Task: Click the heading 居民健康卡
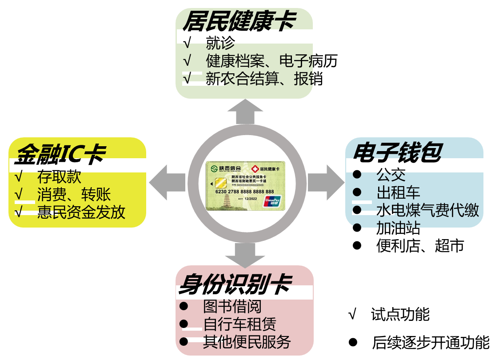point(239,20)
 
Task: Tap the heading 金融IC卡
point(60,154)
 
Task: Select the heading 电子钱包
point(397,152)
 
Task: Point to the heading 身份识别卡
point(235,284)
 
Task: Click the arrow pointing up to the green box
point(245,112)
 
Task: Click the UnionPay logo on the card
point(272,201)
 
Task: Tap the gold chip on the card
point(220,183)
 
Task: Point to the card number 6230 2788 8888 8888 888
point(244,192)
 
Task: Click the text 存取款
point(59,176)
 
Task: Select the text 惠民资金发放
point(81,212)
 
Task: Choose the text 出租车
point(398,192)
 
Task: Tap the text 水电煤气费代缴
point(427,210)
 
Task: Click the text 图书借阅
point(232,306)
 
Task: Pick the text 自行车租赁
point(240,324)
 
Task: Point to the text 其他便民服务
point(247,342)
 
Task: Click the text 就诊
point(220,43)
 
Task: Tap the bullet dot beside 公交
point(357,175)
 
